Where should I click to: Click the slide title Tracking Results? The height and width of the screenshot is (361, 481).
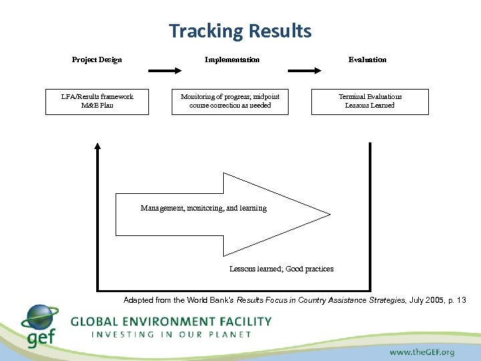coord(240,31)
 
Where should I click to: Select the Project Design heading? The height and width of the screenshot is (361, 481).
coord(97,59)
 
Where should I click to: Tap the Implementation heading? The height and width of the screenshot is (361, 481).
coord(232,59)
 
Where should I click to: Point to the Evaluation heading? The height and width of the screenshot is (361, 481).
coord(367,59)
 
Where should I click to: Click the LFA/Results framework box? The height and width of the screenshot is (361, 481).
coord(97,101)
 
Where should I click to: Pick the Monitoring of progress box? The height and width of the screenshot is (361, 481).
coord(230,101)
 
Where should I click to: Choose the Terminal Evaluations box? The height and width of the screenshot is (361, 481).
coord(369,101)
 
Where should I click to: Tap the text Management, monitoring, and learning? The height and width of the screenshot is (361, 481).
coord(203,209)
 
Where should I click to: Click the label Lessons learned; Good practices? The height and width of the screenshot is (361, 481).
coord(281,269)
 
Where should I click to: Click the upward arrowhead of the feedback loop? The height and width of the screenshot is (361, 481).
coord(98,146)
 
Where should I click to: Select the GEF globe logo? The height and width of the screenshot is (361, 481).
coord(39,320)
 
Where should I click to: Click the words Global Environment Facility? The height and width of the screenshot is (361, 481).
coord(171,321)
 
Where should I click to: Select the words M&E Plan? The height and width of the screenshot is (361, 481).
coord(97,106)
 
